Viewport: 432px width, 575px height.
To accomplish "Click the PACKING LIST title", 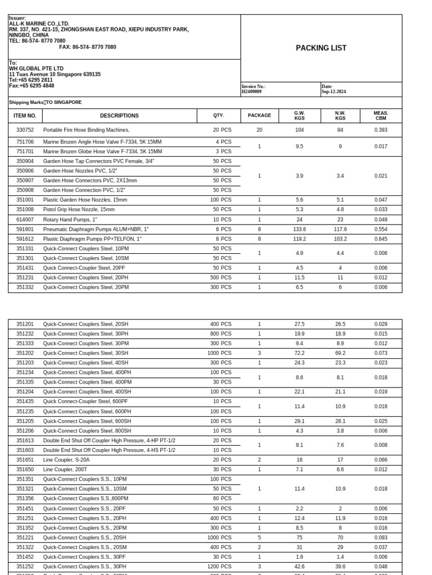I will (x=321, y=48).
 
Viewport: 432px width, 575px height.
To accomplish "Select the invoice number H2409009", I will (x=252, y=92).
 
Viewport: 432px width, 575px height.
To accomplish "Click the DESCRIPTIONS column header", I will (x=119, y=116).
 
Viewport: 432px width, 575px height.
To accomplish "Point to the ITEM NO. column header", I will (x=25, y=116).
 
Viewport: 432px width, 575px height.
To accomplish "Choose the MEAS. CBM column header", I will (x=381, y=116).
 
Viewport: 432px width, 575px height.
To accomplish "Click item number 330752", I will (x=25, y=130).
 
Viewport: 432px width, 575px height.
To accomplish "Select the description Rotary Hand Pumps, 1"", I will (x=70, y=220).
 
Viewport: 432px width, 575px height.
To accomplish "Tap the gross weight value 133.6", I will (x=299, y=229).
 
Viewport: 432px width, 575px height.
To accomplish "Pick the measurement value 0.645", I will (x=381, y=239).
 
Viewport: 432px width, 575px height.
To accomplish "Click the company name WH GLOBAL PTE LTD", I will (x=36, y=69).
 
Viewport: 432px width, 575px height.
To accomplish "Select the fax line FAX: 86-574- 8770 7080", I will (x=87, y=47).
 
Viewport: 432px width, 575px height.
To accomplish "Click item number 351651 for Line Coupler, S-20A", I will (x=25, y=459).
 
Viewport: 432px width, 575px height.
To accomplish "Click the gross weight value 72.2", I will (x=299, y=353).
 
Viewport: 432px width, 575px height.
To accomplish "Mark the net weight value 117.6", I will (x=340, y=229).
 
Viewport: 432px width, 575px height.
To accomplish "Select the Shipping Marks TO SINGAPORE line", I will (x=45, y=103).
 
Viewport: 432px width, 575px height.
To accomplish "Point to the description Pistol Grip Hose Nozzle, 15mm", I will (x=79, y=209).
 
